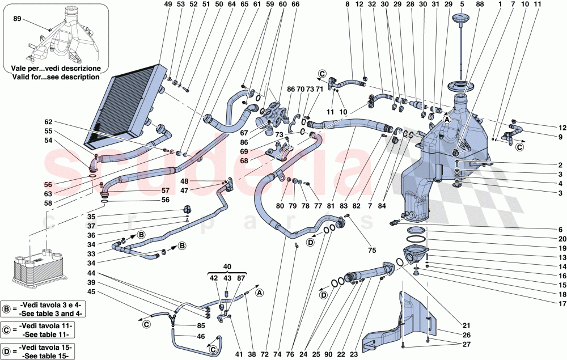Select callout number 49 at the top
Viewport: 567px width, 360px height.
167,5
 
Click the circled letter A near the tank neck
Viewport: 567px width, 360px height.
447,120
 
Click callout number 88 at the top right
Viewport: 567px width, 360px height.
480,5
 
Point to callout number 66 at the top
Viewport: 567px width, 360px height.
295,5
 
